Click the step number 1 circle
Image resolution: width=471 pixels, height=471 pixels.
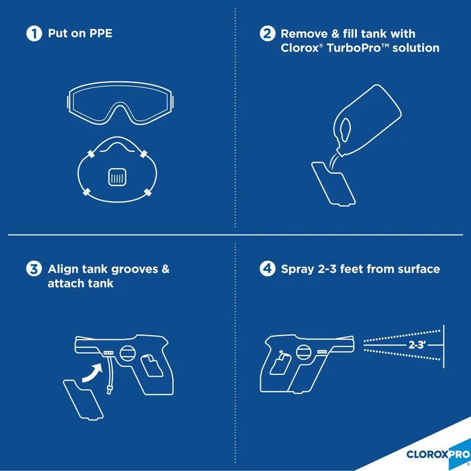pos(34,34)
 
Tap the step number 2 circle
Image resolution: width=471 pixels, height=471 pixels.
pos(268,34)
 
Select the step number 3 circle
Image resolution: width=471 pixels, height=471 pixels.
pos(34,270)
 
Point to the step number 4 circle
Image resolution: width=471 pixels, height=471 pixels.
pos(268,270)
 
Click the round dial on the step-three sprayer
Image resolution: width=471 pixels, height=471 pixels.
pos(127,354)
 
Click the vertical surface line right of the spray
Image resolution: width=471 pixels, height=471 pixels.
pos(444,345)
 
